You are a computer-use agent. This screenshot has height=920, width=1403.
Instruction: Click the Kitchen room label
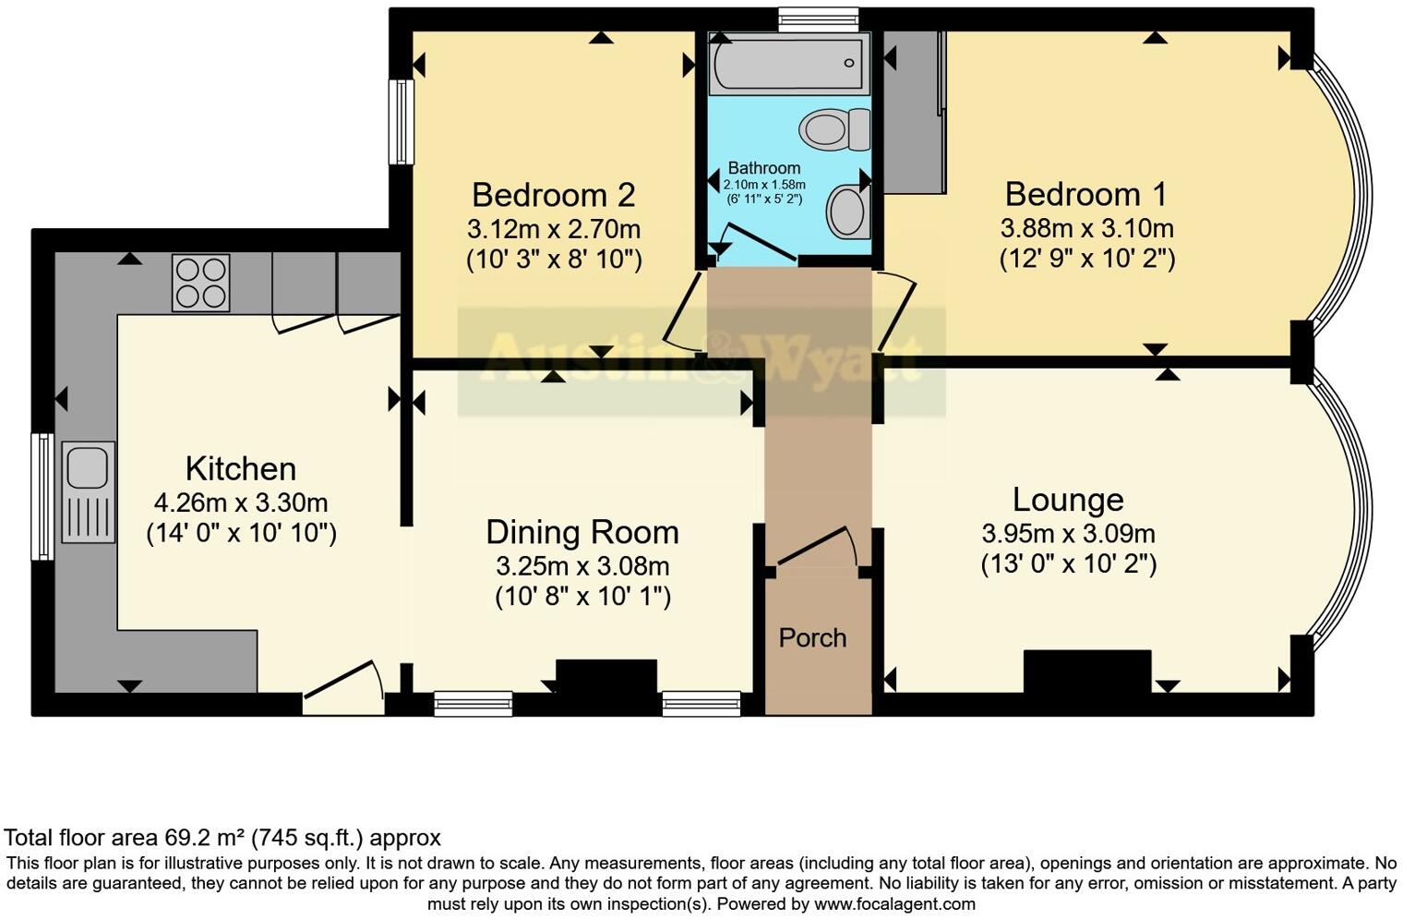click(240, 468)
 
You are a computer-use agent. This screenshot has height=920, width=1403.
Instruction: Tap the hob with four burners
click(200, 282)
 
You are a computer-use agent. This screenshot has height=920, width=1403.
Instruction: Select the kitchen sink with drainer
click(89, 491)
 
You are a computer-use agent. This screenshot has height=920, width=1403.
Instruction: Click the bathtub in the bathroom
click(787, 64)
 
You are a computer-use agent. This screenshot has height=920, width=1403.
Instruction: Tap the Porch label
click(812, 637)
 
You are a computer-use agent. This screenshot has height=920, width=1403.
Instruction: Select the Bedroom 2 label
click(553, 195)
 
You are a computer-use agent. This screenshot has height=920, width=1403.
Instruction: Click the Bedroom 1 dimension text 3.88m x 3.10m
click(1086, 227)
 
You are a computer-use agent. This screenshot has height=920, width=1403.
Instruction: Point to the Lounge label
click(1068, 499)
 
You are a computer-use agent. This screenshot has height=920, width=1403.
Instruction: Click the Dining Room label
click(582, 532)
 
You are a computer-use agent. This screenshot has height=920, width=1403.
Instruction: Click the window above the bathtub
click(818, 18)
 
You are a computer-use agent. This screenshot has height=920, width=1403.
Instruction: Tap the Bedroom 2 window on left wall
click(402, 122)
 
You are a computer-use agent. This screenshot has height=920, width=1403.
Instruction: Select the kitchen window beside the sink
click(42, 497)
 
